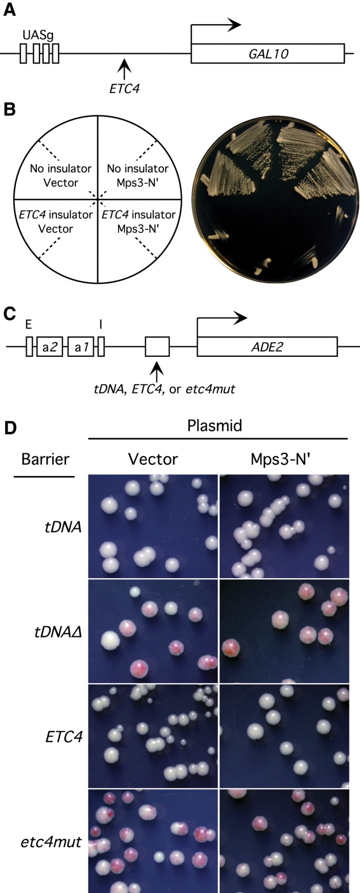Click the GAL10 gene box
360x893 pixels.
coord(267,53)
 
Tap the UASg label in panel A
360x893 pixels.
coord(38,36)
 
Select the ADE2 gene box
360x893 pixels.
coord(267,347)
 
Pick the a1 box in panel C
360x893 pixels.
coord(81,347)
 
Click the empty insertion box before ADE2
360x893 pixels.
coord(157,347)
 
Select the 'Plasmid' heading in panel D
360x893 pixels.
coord(215,425)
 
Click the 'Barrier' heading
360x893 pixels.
coord(45,459)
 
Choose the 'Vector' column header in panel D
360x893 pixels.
coord(153,459)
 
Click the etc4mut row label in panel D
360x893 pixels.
coord(55,841)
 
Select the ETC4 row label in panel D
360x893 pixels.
coord(63,735)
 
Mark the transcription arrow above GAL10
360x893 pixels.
coord(216,24)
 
